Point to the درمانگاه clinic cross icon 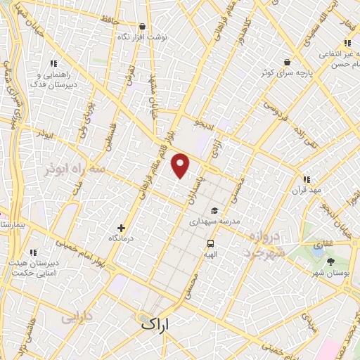tap(121, 228)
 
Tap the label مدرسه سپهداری tap(215, 221)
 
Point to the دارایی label tap(77, 317)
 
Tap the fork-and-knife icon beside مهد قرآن tap(306, 179)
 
